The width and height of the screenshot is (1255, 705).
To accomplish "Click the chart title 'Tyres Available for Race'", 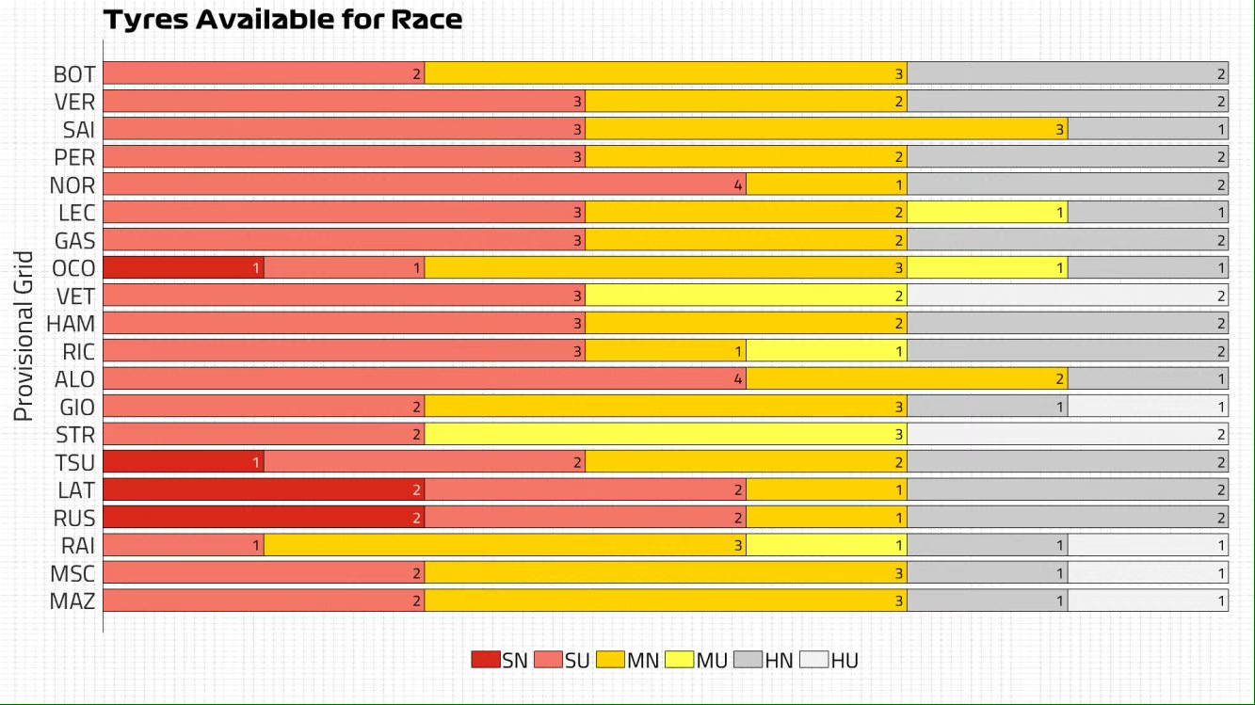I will [282, 20].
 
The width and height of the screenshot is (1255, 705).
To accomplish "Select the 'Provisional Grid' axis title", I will [24, 335].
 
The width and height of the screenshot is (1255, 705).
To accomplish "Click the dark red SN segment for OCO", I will [183, 268].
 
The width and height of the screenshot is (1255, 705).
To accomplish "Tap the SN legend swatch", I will [486, 660].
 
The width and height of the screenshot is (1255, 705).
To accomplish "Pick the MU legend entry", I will [698, 660].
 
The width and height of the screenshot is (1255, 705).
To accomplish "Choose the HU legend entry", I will [829, 660].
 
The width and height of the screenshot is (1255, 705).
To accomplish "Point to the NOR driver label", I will [73, 185].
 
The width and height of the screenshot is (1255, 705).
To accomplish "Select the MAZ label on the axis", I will [72, 601].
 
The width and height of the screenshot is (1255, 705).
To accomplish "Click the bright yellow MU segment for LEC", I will [988, 213].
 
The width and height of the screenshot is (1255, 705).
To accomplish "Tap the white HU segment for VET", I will [1068, 296].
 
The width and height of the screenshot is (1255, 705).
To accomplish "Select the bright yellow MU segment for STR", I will [666, 434].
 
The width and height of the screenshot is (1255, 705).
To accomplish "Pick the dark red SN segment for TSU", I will [183, 462].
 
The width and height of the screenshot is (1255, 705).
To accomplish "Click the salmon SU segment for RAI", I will [183, 545].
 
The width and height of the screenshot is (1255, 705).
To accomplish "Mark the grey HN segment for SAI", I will [1149, 130].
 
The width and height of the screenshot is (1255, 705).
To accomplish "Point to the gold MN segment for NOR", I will [827, 185].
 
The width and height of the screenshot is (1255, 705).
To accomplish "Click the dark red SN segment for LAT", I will [264, 489].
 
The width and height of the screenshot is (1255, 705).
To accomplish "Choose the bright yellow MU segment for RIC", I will [827, 351].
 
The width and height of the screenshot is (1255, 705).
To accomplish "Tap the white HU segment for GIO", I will [1149, 407].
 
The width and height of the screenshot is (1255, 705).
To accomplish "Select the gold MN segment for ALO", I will [907, 379].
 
